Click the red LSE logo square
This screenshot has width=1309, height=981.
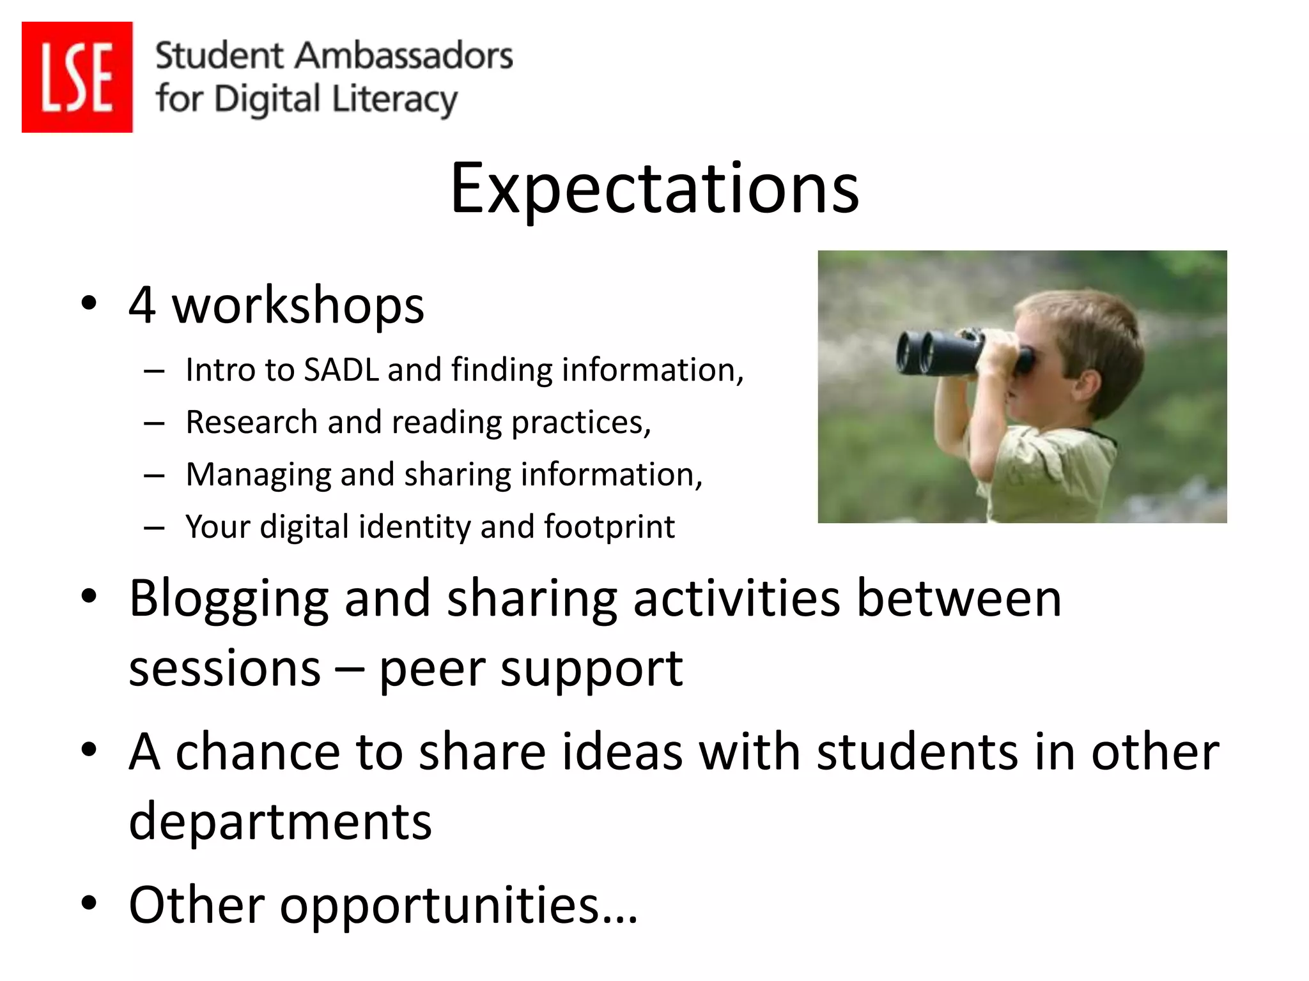pyautogui.click(x=77, y=77)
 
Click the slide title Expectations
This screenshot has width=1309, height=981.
pyautogui.click(x=654, y=188)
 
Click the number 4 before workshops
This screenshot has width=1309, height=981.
pyautogui.click(x=142, y=305)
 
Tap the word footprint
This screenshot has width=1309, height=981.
pyautogui.click(x=609, y=527)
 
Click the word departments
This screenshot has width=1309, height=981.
pyautogui.click(x=280, y=822)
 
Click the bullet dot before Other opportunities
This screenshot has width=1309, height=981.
pyautogui.click(x=89, y=903)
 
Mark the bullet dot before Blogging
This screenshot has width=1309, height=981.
pyautogui.click(x=89, y=597)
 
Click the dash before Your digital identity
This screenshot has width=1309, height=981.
pyautogui.click(x=154, y=528)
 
